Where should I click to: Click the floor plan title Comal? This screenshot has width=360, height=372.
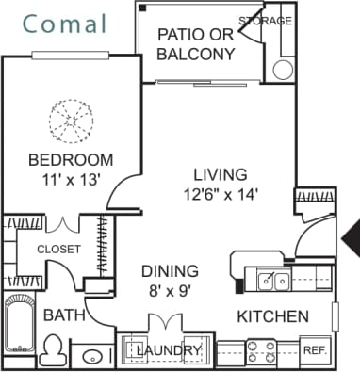(x=66, y=24)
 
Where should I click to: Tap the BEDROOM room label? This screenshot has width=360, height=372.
(x=71, y=159)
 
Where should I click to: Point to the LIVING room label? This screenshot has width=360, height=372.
(x=220, y=174)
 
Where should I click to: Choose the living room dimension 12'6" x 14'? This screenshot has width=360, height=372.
(x=220, y=194)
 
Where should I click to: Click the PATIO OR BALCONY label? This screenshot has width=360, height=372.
(x=195, y=44)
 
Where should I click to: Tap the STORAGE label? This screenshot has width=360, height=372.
(x=265, y=20)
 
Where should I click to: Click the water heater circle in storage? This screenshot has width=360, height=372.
(x=283, y=69)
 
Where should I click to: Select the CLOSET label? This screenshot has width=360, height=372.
(x=58, y=249)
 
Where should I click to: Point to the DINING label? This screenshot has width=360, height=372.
(x=170, y=270)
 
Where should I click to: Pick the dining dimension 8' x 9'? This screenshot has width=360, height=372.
(x=170, y=291)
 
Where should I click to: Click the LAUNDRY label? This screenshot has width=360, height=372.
(x=170, y=351)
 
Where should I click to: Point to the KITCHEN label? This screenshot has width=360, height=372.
(x=272, y=315)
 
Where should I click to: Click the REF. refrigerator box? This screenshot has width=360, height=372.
(x=315, y=350)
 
